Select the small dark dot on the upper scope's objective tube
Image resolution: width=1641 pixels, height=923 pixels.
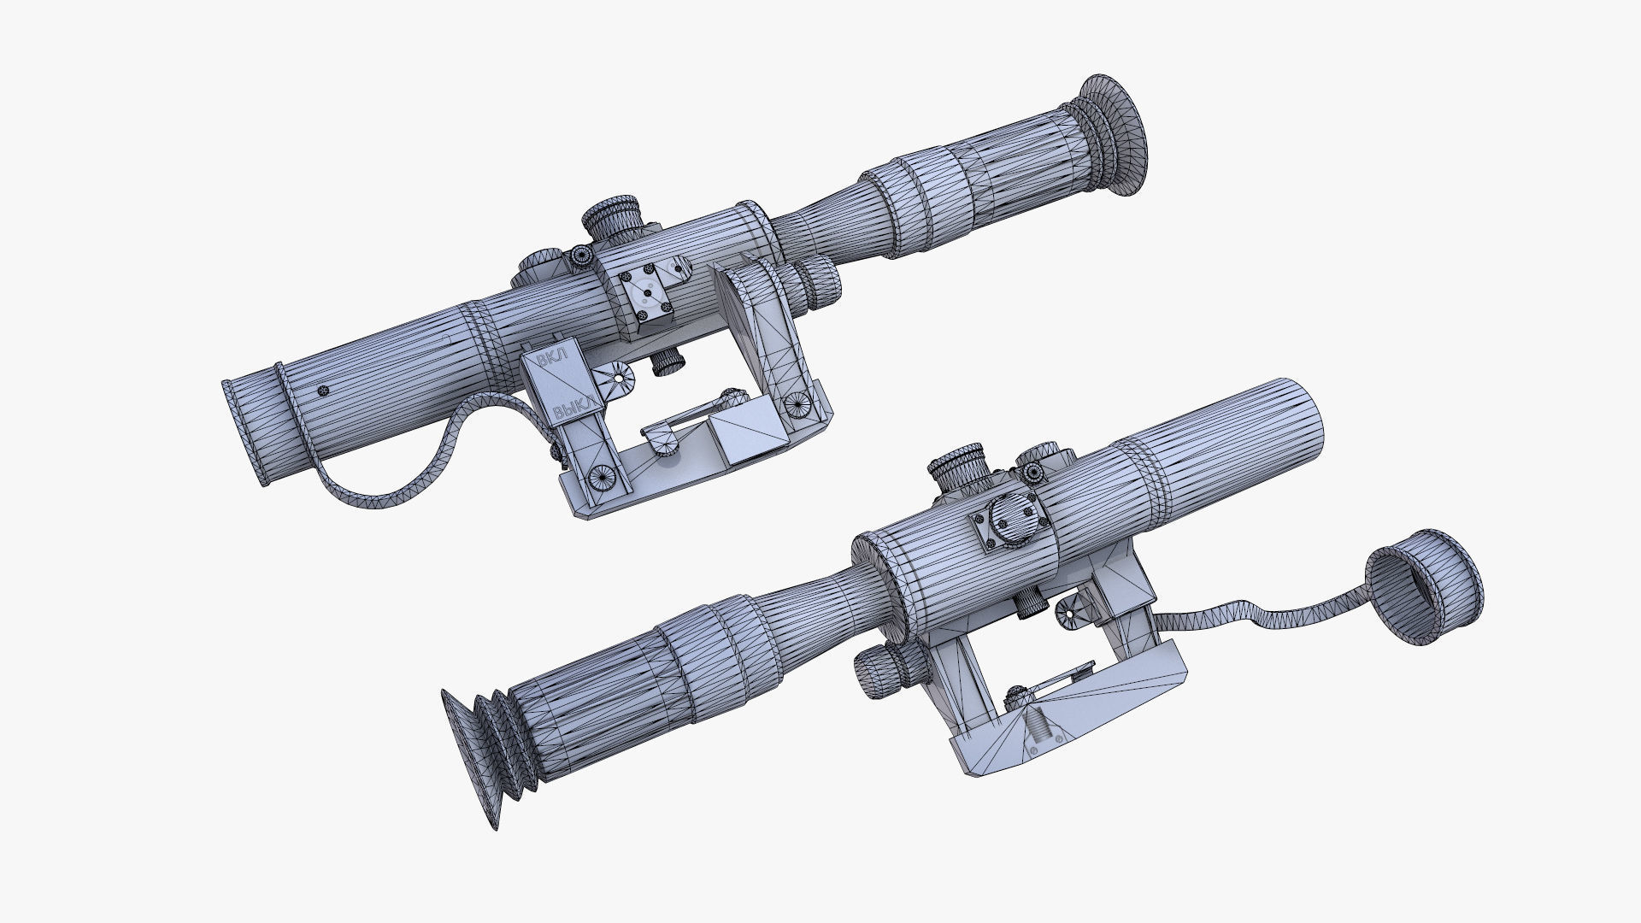[321, 391]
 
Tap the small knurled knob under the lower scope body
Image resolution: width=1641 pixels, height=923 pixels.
[1031, 603]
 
